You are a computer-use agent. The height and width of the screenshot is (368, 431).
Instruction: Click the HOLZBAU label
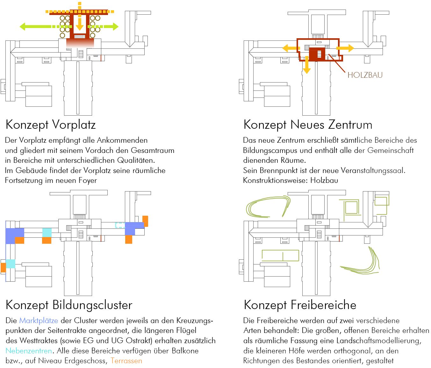pyautogui.click(x=365, y=75)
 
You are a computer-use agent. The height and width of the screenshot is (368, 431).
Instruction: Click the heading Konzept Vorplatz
pyautogui.click(x=51, y=125)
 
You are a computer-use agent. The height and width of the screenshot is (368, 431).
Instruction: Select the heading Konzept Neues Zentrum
pyautogui.click(x=308, y=125)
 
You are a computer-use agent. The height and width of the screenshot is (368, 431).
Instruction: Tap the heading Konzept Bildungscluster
pyautogui.click(x=69, y=305)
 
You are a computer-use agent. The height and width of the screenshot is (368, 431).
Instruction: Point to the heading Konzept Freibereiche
pyautogui.click(x=300, y=305)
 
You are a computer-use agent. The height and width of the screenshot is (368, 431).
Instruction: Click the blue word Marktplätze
pyautogui.click(x=39, y=321)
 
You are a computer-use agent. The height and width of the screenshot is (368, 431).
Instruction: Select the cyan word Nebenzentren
pyautogui.click(x=29, y=351)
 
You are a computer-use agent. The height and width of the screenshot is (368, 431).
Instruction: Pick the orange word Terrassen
pyautogui.click(x=126, y=361)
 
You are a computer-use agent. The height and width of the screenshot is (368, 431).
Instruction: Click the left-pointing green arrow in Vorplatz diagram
pyautogui.click(x=35, y=26)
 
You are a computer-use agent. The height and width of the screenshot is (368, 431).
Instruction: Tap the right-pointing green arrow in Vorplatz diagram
pyautogui.click(x=107, y=26)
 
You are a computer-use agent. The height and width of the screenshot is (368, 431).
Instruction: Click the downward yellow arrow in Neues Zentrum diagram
pyautogui.click(x=306, y=65)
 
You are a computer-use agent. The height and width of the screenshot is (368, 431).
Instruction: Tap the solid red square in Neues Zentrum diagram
pyautogui.click(x=317, y=54)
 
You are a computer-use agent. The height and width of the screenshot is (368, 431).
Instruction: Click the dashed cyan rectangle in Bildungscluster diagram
pyautogui.click(x=120, y=225)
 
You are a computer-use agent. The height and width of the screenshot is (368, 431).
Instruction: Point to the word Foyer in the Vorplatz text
pyautogui.click(x=87, y=181)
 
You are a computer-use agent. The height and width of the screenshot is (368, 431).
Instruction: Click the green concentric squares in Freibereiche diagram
pyautogui.click(x=351, y=207)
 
